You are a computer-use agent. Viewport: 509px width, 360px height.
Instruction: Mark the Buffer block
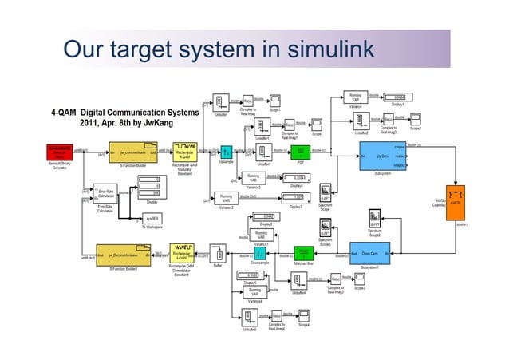pos(218,255)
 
